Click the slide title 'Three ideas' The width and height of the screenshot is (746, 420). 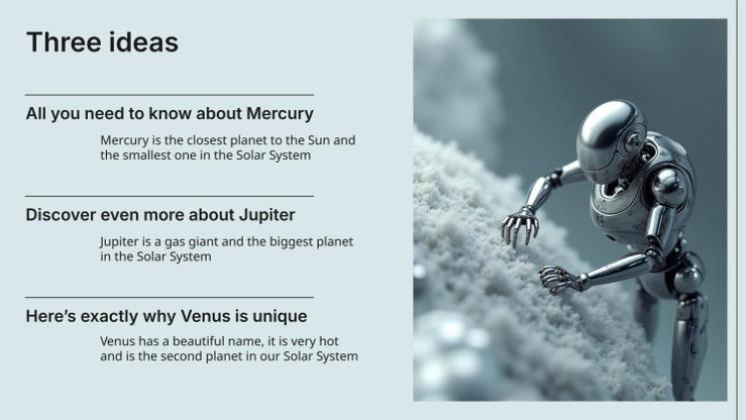tap(102, 42)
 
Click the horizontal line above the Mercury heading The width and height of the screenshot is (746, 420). tap(169, 95)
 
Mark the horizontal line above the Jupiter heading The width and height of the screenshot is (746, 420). tap(169, 196)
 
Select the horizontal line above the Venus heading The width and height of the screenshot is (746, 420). tap(169, 297)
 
